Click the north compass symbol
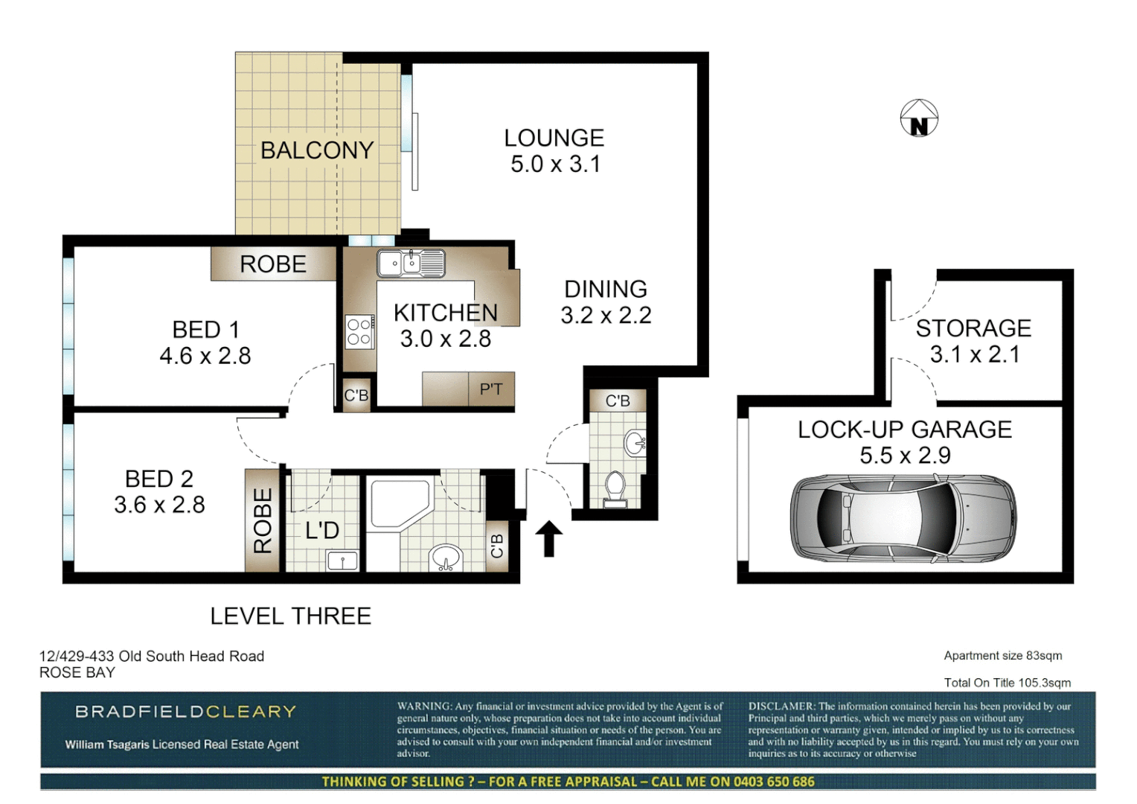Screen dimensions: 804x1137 [x=919, y=118]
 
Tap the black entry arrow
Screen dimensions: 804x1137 [x=549, y=538]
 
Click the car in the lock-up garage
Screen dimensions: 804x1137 [x=903, y=517]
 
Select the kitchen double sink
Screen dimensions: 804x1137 [x=411, y=264]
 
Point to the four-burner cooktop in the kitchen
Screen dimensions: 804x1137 [x=359, y=331]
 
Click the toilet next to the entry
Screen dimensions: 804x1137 [x=615, y=488]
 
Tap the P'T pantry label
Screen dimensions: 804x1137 [x=491, y=389]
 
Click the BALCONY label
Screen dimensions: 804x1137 [x=317, y=150]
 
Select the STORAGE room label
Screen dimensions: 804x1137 [x=973, y=328]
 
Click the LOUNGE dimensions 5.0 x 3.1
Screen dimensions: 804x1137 [x=555, y=165]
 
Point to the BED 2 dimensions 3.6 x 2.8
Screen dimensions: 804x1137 [x=159, y=505]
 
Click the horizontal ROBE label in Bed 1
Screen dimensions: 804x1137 [x=273, y=264]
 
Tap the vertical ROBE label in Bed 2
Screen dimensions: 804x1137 [x=263, y=520]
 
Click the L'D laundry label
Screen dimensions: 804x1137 [x=322, y=531]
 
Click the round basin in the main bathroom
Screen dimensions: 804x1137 [x=446, y=558]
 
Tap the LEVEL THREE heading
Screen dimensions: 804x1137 [x=290, y=616]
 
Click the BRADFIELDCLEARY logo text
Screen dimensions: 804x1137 [x=186, y=712]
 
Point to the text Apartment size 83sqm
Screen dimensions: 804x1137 [x=1002, y=656]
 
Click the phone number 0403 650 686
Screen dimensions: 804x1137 [x=774, y=782]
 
